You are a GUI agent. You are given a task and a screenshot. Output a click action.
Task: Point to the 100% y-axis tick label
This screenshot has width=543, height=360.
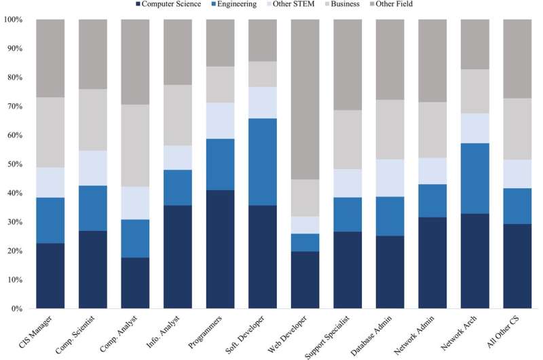13,20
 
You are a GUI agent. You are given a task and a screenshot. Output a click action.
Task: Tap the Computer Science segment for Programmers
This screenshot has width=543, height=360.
220,249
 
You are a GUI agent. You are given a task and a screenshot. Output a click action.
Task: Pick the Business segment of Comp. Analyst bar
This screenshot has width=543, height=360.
135,145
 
